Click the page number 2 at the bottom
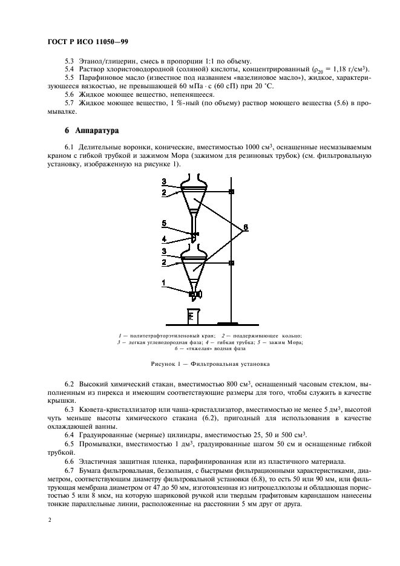point(49,519)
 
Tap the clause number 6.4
point(70,435)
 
